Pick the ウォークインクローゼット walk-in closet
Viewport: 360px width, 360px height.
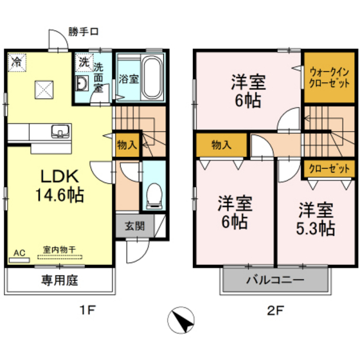[x=329, y=78]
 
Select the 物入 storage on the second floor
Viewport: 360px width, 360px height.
[x=221, y=145]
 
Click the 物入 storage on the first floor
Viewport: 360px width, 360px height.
[x=127, y=145]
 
